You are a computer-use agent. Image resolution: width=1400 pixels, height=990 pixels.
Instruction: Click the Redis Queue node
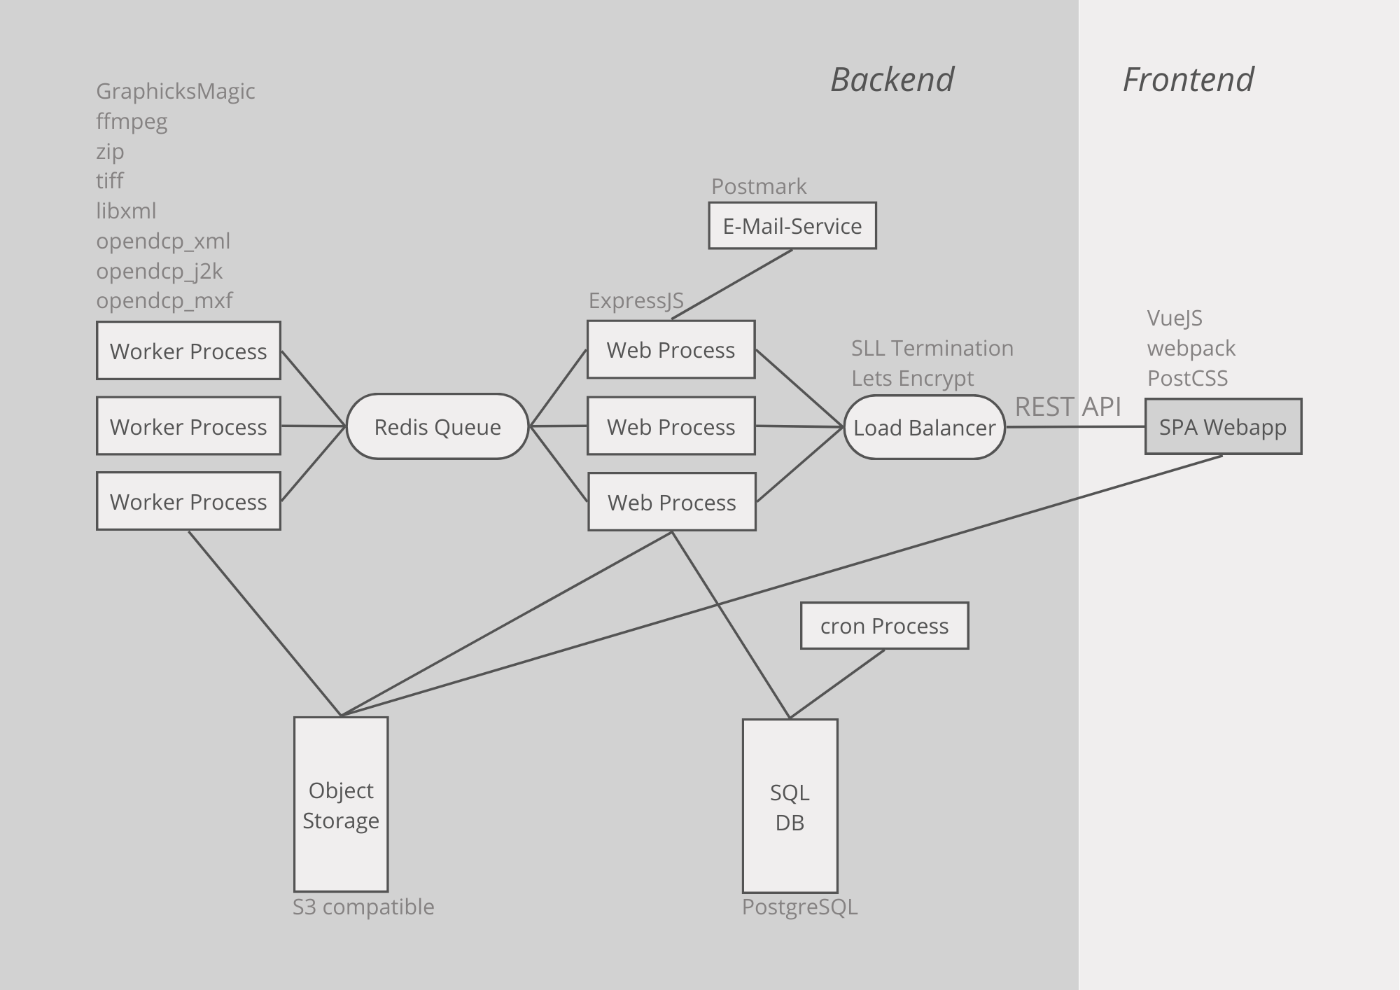[x=437, y=426]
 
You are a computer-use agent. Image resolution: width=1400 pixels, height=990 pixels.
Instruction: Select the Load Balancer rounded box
[x=924, y=427]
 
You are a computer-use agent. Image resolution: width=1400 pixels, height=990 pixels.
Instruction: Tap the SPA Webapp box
[x=1223, y=426]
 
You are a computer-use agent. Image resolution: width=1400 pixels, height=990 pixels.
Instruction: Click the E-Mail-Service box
[x=792, y=225]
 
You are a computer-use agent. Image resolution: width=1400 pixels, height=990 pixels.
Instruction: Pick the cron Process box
[x=884, y=625]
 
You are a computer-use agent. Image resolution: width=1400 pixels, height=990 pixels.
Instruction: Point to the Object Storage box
[x=341, y=804]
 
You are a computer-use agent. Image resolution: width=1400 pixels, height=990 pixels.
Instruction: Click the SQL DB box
[x=790, y=807]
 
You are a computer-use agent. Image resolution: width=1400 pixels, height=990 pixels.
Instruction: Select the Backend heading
[x=892, y=79]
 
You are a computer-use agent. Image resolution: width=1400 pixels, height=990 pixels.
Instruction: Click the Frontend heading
[x=1188, y=79]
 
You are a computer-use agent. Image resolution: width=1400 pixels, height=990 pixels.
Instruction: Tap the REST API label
[x=1067, y=407]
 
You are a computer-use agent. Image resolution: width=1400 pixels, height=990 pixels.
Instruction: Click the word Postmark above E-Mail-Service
[x=759, y=186]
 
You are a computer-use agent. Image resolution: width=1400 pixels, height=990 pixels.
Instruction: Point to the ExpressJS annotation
[x=636, y=300]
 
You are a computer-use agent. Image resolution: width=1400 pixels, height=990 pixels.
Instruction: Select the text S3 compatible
[x=363, y=907]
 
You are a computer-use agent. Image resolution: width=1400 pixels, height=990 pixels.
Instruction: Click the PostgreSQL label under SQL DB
[x=799, y=907]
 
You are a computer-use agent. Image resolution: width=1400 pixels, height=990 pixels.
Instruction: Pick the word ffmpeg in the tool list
[x=132, y=122]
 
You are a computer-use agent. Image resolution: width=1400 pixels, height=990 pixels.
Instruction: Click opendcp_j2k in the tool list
[x=159, y=271]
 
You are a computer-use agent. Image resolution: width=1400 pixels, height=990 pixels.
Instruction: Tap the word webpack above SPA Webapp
[x=1191, y=348]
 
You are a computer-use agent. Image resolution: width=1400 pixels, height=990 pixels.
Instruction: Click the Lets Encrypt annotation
[x=912, y=378]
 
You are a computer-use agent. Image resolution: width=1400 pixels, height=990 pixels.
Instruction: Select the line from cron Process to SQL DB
[x=837, y=684]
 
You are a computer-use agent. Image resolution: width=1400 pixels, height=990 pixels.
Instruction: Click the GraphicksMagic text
[x=175, y=91]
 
